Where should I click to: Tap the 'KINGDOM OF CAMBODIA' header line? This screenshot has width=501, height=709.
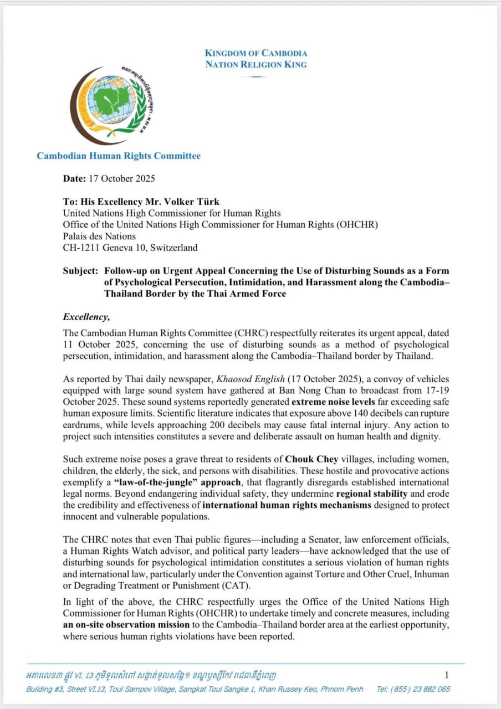coord(255,53)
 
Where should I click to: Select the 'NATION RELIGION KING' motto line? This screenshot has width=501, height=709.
coord(255,64)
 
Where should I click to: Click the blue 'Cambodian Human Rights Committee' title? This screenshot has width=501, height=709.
coord(119,156)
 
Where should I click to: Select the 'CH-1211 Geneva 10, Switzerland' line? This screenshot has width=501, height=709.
coord(130,248)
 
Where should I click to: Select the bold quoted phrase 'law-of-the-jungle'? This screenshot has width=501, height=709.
coord(170,482)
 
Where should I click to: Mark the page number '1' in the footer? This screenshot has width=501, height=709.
coord(447,675)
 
